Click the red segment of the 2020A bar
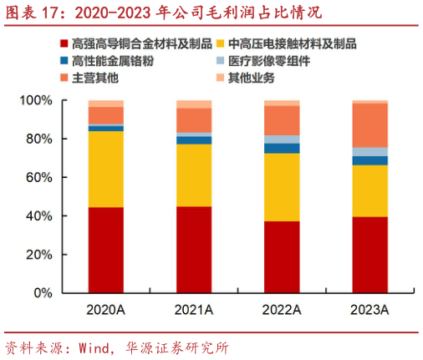click(105, 250)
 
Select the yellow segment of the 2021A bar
click(193, 175)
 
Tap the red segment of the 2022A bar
click(282, 256)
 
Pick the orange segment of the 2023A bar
click(369, 125)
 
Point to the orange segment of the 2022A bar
click(282, 119)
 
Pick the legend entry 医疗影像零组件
click(273, 61)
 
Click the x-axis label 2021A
click(193, 311)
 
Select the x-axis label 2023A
click(369, 311)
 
